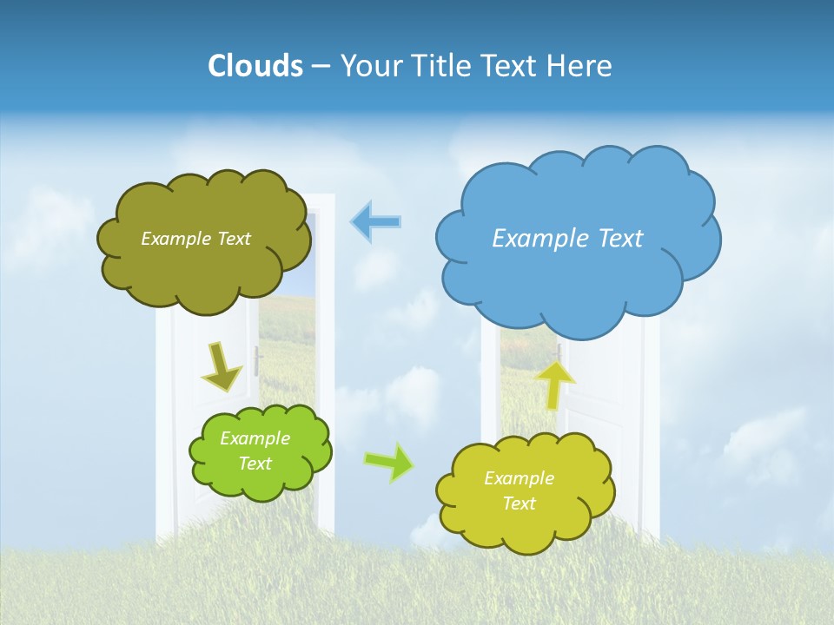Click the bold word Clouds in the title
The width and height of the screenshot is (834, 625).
(x=255, y=66)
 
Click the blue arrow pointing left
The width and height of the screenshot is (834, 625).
(x=375, y=222)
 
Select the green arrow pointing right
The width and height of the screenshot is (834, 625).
(x=389, y=463)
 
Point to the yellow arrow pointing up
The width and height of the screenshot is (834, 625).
(x=555, y=383)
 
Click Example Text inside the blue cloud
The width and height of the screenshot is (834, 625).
(x=567, y=239)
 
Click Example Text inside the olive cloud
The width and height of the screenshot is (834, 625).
(x=195, y=239)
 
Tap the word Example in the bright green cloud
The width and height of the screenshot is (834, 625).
(x=255, y=438)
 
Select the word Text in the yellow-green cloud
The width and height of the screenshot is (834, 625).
(x=519, y=504)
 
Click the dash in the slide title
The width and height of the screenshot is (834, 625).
(x=321, y=67)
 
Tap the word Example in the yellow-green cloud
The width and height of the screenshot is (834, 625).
(x=519, y=478)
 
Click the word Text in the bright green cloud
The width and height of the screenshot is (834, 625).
(x=255, y=464)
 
